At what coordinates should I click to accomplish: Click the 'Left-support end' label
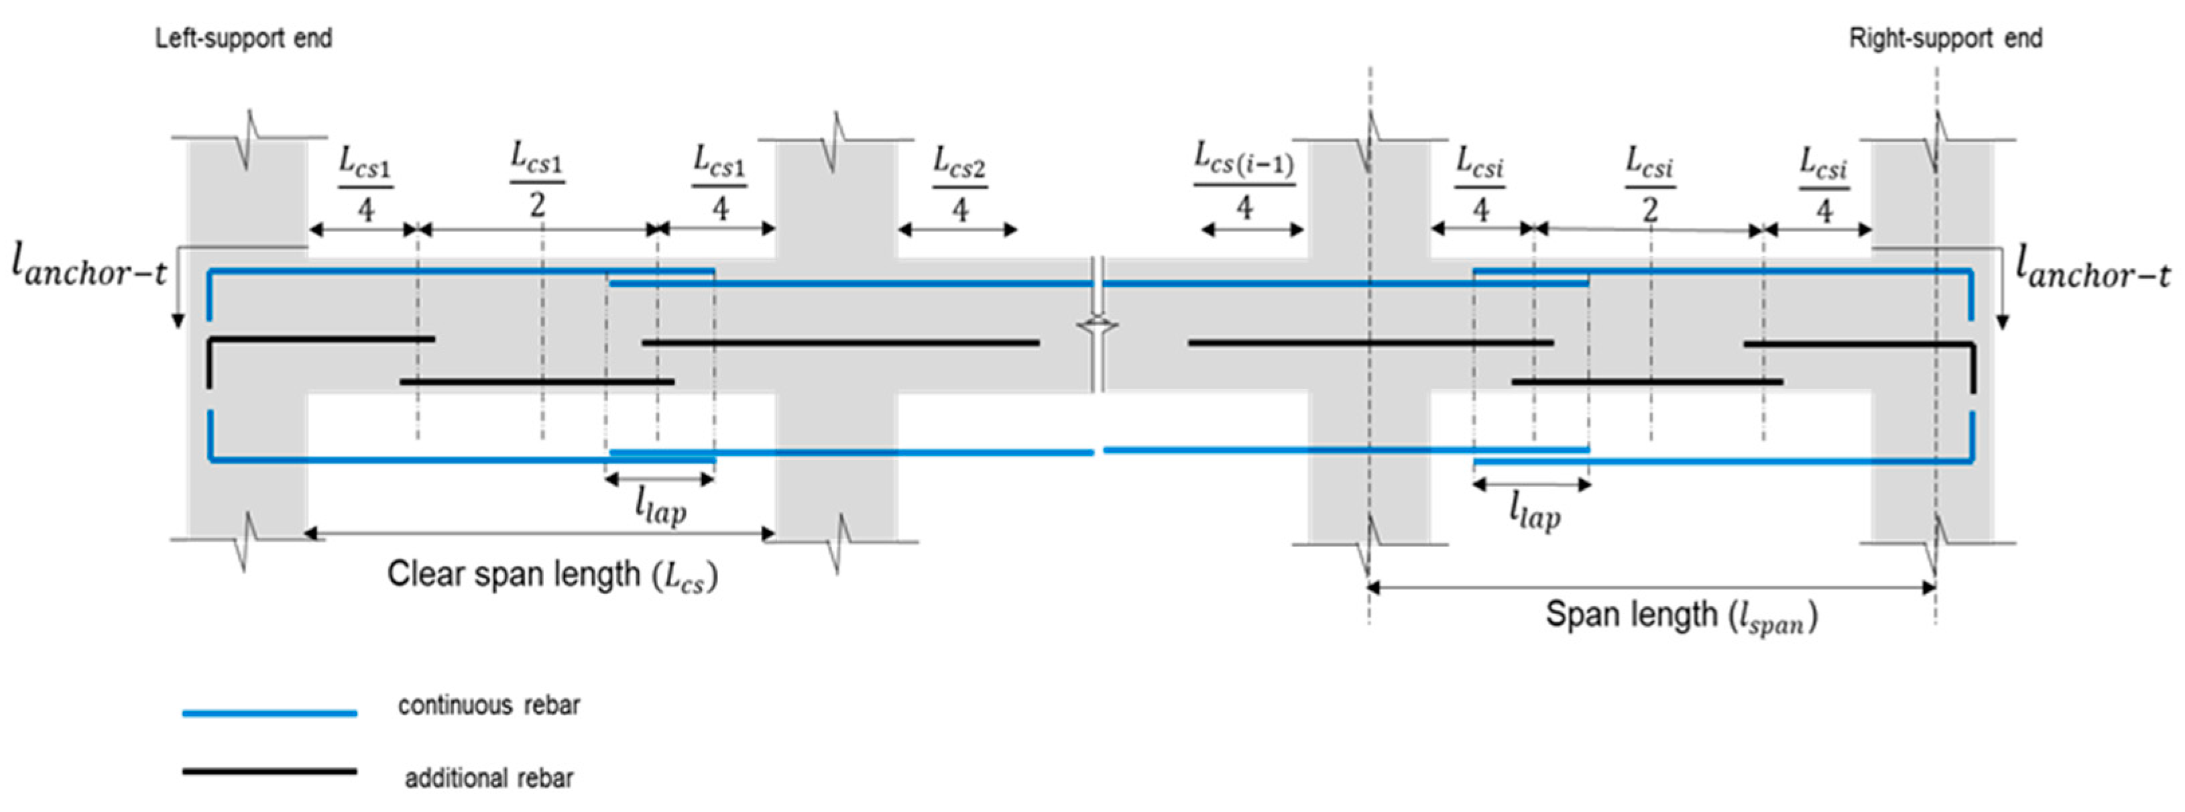coord(243,39)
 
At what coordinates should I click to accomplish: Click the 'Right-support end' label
coord(1945,39)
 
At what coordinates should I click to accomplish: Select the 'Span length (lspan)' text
coord(1680,616)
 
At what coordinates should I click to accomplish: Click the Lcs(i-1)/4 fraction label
coord(1244,182)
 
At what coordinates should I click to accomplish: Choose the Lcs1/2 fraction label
coord(537,180)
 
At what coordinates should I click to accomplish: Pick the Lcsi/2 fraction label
coord(1650,183)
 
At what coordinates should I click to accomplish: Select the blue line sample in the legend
coord(270,713)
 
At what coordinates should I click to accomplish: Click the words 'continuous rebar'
coord(489,706)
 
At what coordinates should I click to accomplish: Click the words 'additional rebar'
coord(489,778)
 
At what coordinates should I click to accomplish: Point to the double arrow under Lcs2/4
coord(957,230)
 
